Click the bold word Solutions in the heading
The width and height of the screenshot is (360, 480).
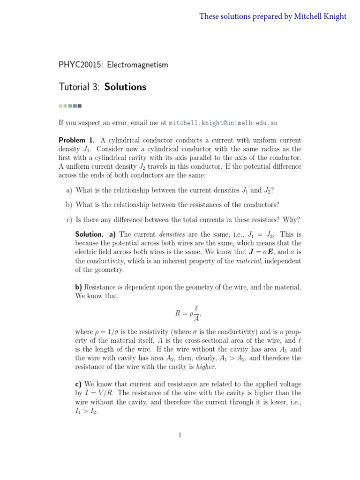pyautogui.click(x=125, y=87)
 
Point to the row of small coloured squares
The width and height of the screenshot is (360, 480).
pyautogui.click(x=70, y=105)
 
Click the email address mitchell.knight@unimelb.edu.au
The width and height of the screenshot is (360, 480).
pyautogui.click(x=223, y=123)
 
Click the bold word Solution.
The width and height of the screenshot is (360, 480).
pyautogui.click(x=89, y=234)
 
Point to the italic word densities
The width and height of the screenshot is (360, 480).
pyautogui.click(x=172, y=234)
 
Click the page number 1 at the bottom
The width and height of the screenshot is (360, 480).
pyautogui.click(x=180, y=435)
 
